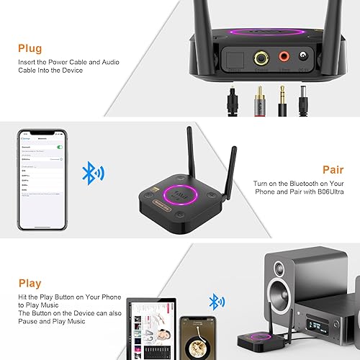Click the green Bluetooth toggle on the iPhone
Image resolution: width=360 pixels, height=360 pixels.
[60, 147]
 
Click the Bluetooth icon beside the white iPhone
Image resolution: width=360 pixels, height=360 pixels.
[92, 173]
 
